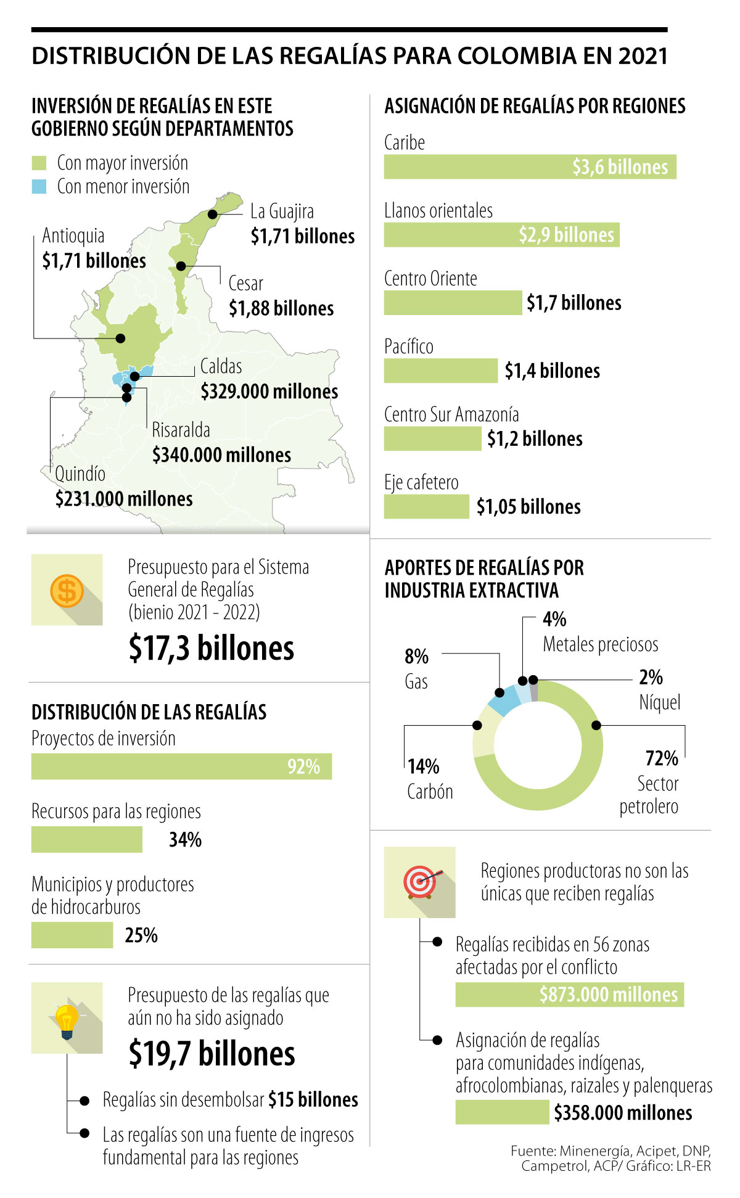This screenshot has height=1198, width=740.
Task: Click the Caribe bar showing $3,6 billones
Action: [x=530, y=167]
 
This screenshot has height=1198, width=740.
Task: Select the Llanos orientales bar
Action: [x=501, y=235]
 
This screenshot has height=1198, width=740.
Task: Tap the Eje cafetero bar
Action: [x=426, y=507]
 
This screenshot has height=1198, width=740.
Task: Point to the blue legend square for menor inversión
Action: [x=39, y=187]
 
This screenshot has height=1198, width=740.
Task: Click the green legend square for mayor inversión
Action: [x=39, y=163]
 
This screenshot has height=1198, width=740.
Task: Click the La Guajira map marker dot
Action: [x=213, y=215]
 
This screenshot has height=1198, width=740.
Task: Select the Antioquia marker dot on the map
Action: [x=121, y=338]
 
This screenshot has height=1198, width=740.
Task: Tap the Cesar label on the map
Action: [x=245, y=284]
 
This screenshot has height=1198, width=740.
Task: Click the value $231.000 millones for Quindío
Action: [x=124, y=499]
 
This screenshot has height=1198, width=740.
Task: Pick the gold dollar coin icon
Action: [x=67, y=590]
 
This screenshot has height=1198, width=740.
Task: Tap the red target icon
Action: [x=421, y=882]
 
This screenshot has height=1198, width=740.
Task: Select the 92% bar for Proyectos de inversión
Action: [x=181, y=766]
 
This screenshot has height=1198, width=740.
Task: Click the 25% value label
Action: [x=141, y=935]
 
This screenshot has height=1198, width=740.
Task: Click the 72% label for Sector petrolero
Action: [x=662, y=758]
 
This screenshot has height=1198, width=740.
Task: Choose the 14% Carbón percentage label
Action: [x=424, y=767]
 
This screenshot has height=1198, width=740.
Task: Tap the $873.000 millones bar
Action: [x=569, y=995]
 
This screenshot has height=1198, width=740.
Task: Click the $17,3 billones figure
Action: [x=212, y=648]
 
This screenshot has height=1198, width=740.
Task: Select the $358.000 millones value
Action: [x=623, y=1113]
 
